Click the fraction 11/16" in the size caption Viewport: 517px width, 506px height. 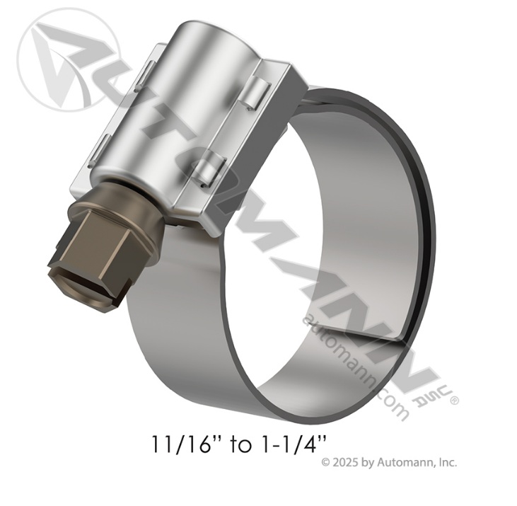click(x=181, y=444)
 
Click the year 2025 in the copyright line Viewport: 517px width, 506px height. click(x=345, y=463)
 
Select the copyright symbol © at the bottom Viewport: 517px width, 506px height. click(x=326, y=463)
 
